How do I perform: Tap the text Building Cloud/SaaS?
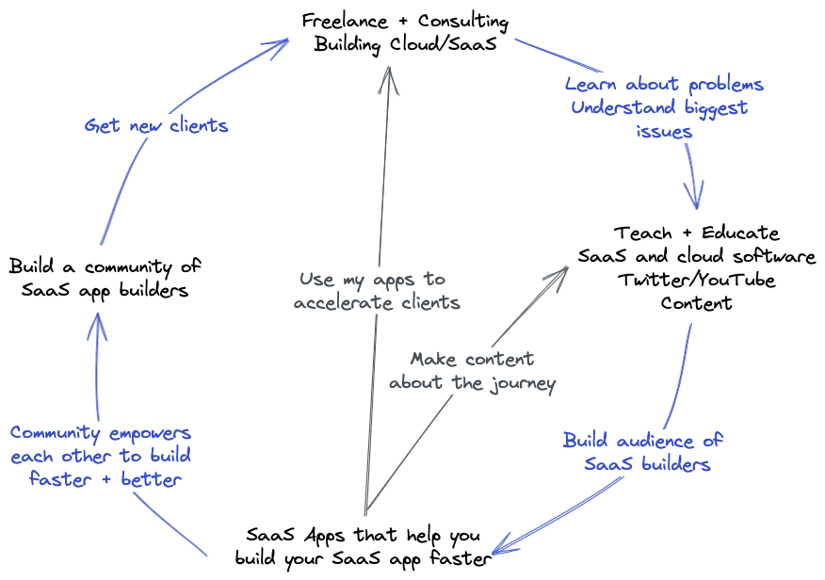(x=405, y=44)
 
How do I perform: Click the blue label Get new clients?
(x=156, y=124)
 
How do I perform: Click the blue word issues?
(x=664, y=131)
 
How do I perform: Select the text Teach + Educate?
(x=697, y=233)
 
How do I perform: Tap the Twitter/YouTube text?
(x=697, y=280)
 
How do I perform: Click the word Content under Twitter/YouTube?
(x=697, y=302)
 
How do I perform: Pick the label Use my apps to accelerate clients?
(x=377, y=291)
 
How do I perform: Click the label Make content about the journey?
(x=473, y=371)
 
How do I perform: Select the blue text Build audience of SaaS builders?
(x=645, y=452)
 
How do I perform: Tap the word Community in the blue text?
(x=55, y=433)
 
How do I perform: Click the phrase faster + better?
(x=105, y=479)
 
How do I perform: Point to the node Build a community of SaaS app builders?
(x=105, y=278)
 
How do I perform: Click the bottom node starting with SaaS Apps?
(x=363, y=547)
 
